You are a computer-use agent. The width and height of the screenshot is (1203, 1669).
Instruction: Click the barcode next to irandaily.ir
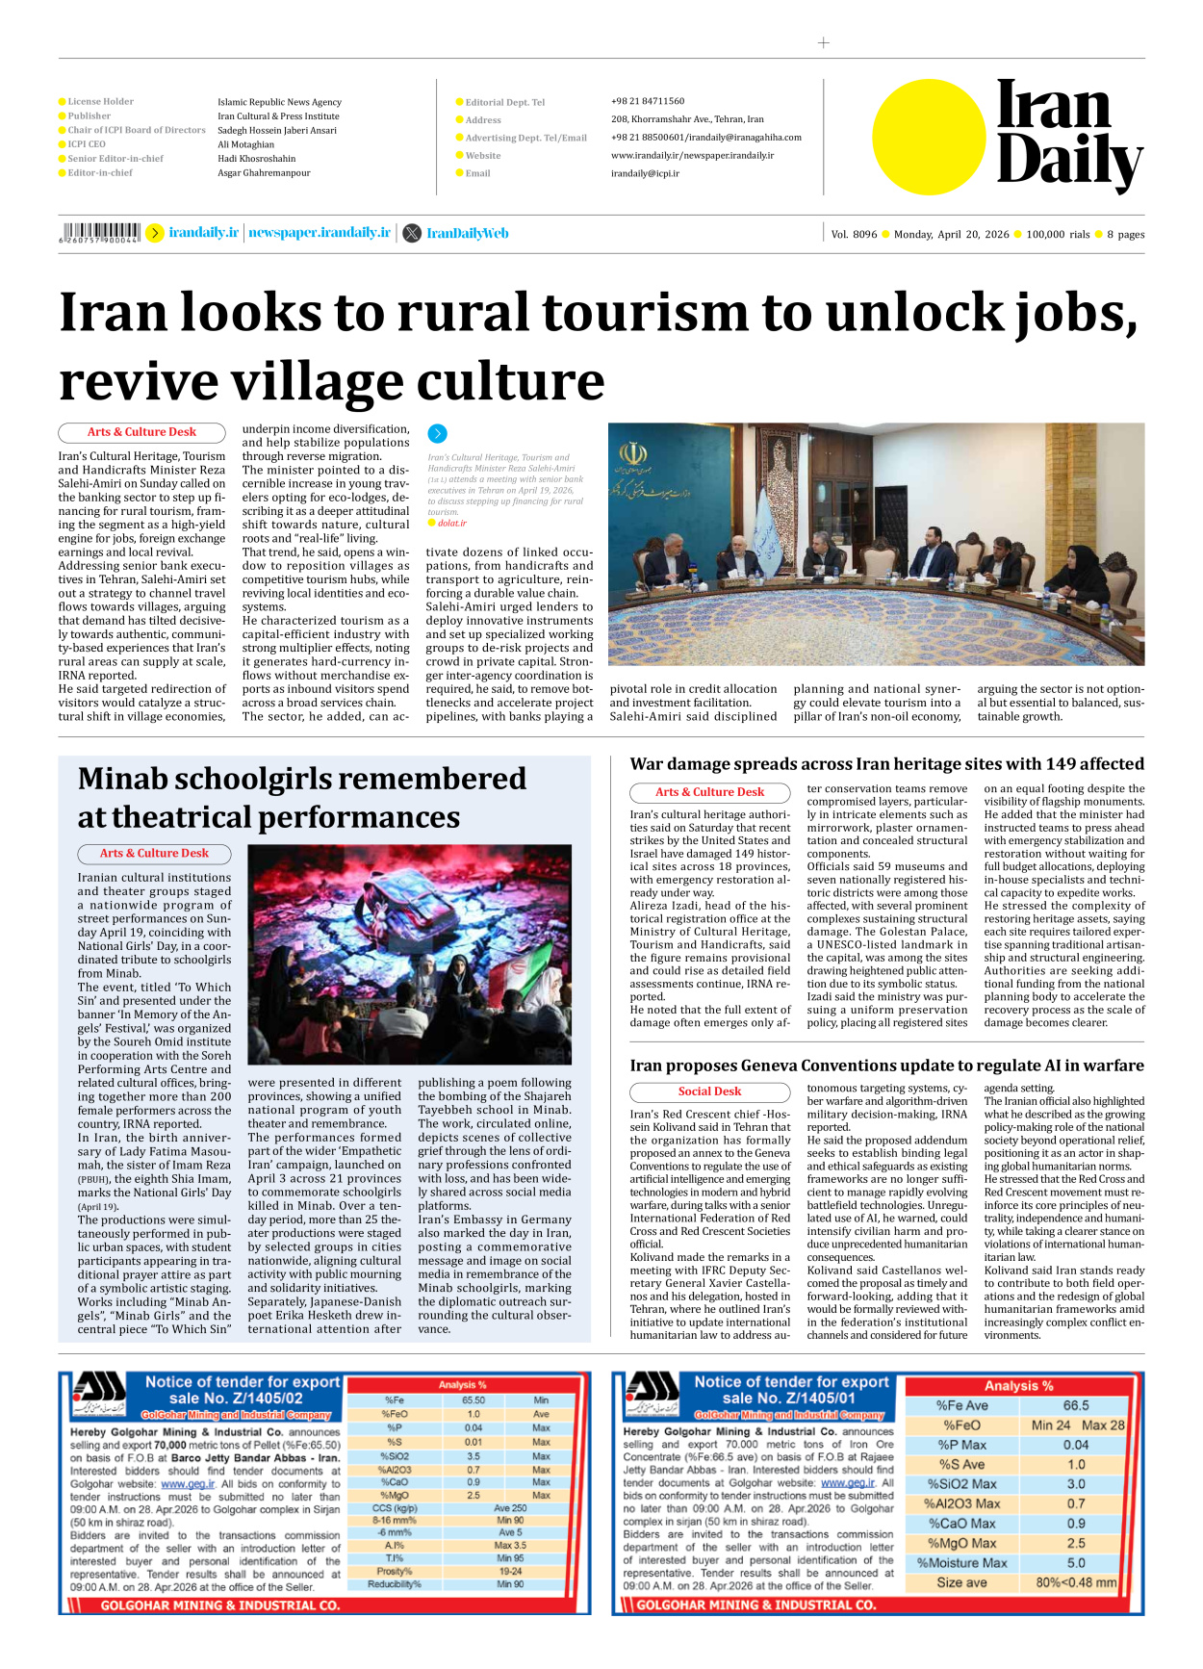coord(100,233)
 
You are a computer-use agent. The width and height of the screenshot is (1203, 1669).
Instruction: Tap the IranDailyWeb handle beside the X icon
coord(467,233)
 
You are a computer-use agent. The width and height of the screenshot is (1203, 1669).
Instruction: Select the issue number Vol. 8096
coord(854,234)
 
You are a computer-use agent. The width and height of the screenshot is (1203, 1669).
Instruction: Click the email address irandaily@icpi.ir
coord(645,173)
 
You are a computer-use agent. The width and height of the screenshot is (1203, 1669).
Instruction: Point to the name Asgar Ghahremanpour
coord(264,173)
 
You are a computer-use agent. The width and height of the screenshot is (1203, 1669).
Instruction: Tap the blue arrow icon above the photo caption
coord(437,433)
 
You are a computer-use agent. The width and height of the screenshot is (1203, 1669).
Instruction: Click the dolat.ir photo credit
coord(451,523)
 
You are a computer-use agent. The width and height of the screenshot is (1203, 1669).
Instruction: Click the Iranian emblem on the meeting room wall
coord(633,453)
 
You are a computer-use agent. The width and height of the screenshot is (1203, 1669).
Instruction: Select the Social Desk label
coord(709,1091)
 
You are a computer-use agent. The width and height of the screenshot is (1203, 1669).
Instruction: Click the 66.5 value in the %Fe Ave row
coord(1076,1405)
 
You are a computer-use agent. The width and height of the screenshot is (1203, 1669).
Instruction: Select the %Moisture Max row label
coord(961,1563)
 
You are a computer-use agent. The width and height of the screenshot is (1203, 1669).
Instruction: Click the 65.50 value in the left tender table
coord(473,1400)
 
